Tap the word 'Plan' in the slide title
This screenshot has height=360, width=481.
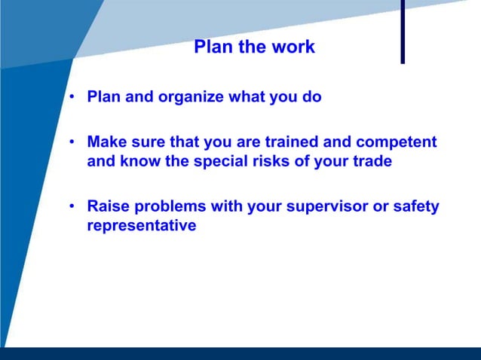[211, 47]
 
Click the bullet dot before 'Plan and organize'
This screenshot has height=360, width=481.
[71, 98]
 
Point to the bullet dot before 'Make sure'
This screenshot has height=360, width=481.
[71, 142]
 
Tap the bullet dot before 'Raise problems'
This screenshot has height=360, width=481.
[71, 206]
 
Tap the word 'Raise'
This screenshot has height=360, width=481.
[107, 206]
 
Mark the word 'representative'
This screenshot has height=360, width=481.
[142, 226]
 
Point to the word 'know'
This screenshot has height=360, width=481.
[136, 161]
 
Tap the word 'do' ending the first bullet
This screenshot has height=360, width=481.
[313, 98]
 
